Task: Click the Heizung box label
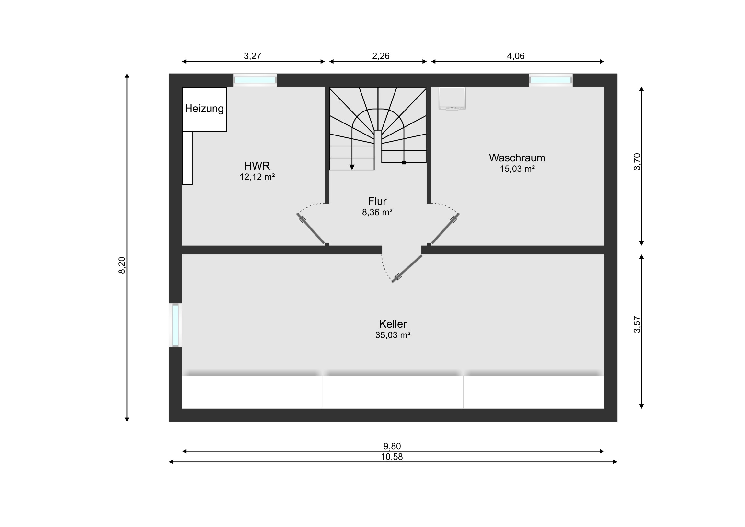tap(204, 109)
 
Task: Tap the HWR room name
tap(257, 166)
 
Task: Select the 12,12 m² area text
tap(257, 177)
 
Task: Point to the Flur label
tap(377, 201)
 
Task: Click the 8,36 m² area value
tap(377, 212)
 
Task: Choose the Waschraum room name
tap(517, 158)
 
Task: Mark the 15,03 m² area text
tap(517, 169)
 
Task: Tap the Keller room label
tap(393, 324)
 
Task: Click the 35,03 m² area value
tap(393, 335)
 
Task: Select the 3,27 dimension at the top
tap(252, 56)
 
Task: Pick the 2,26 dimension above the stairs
tap(381, 56)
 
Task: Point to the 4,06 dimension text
tap(516, 56)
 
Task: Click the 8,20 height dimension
tap(122, 265)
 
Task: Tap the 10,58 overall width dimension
tap(392, 457)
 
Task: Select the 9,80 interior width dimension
tap(392, 447)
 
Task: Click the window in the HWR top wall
tap(255, 80)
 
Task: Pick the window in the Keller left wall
tap(175, 325)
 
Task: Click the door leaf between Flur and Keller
tap(407, 268)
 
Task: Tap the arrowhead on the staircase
tap(352, 167)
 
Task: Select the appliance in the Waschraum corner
tap(452, 99)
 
